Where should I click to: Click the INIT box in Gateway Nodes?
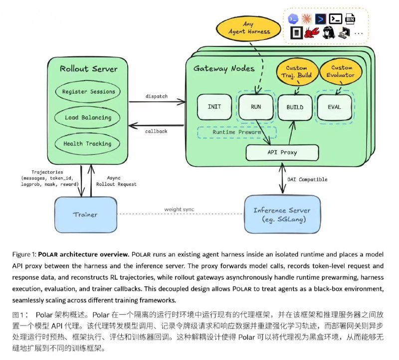click(214, 107)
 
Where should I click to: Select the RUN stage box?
click(256, 107)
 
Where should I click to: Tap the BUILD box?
click(295, 107)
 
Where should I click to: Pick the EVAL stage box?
click(334, 107)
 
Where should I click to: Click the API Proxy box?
click(282, 152)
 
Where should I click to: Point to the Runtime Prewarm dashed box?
click(237, 132)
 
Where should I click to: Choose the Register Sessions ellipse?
click(88, 91)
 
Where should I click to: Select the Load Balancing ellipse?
click(87, 117)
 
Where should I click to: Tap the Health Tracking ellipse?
click(87, 144)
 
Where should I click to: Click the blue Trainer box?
click(86, 215)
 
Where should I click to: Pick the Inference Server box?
click(282, 215)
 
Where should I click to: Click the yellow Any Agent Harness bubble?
click(248, 28)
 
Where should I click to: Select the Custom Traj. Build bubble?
click(297, 71)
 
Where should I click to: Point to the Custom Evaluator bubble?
click(341, 71)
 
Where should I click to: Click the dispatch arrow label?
click(157, 96)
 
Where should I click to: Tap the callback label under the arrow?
click(156, 131)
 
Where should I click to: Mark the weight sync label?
click(179, 209)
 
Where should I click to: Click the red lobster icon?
click(312, 32)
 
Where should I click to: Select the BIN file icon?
click(350, 19)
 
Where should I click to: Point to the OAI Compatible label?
click(307, 179)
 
